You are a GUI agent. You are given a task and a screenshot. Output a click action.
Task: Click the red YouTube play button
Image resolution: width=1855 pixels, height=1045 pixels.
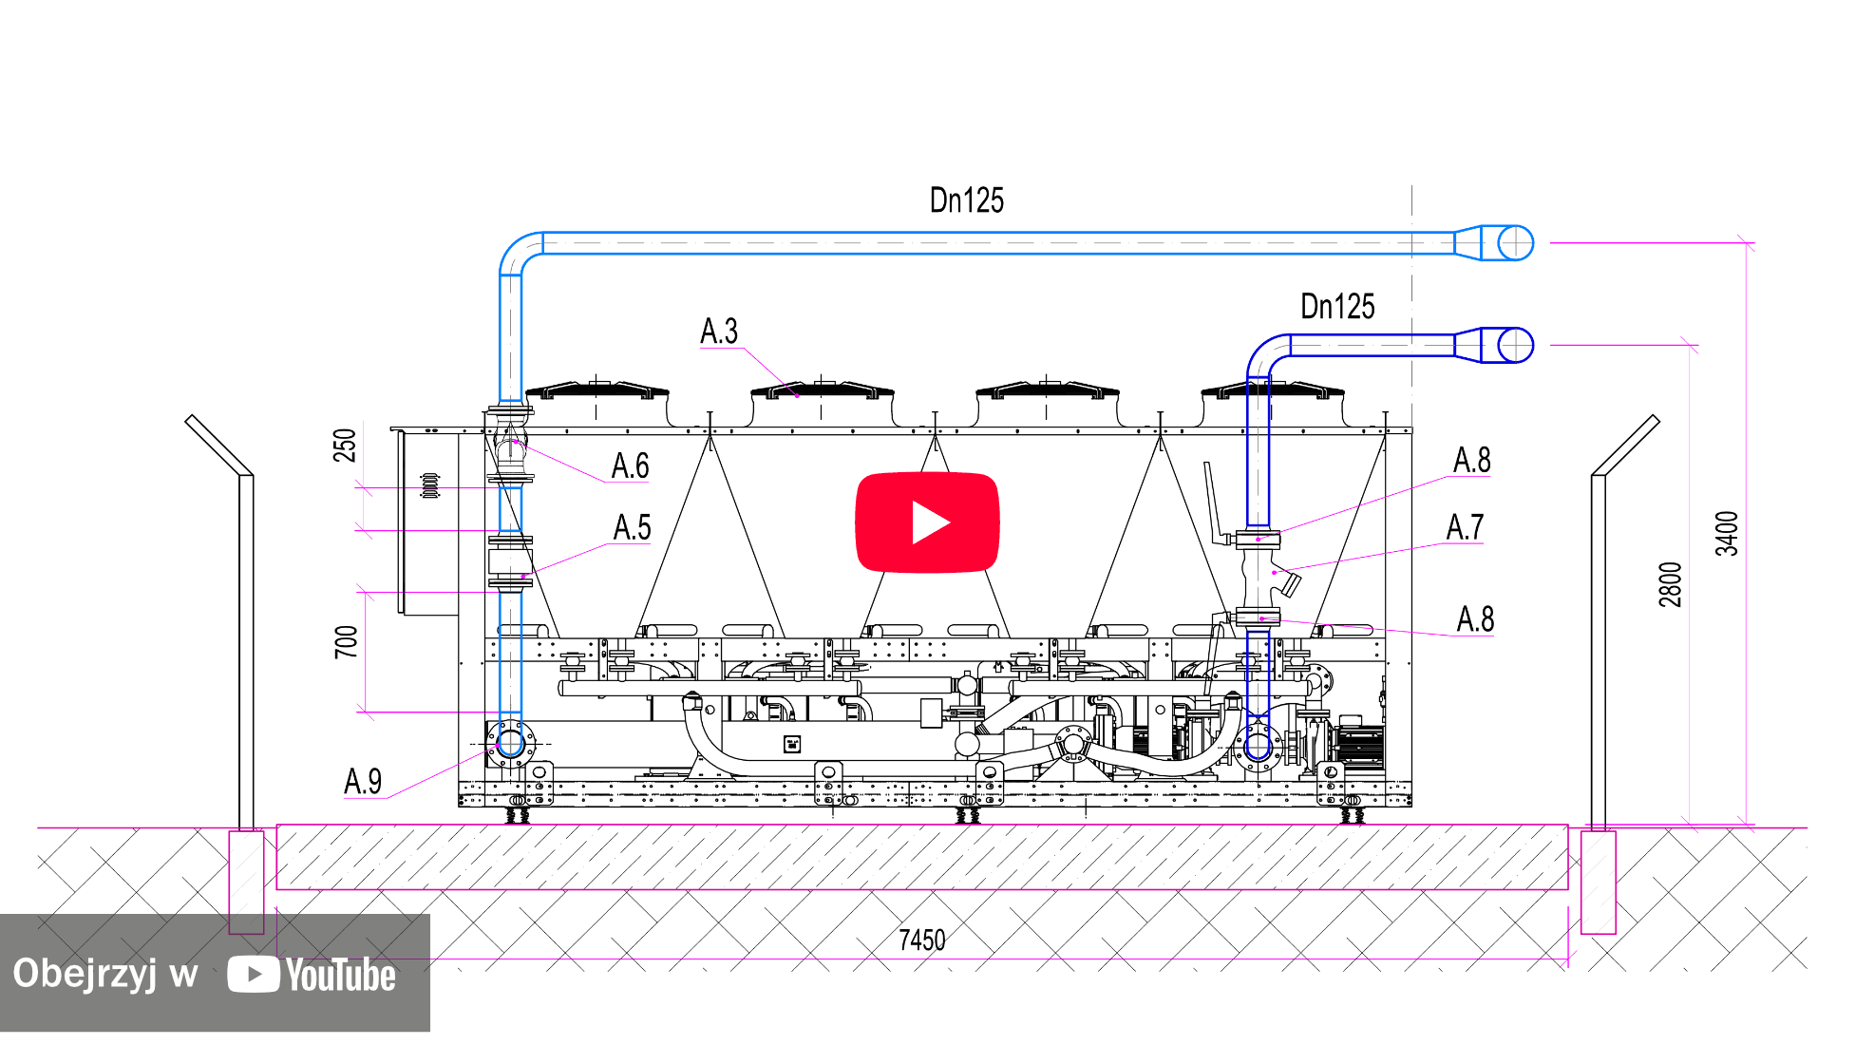pos(927,522)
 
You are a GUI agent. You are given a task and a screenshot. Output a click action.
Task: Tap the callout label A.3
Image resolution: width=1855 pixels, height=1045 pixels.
pos(719,332)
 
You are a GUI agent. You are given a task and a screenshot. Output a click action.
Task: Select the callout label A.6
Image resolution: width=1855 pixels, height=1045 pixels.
pos(631,466)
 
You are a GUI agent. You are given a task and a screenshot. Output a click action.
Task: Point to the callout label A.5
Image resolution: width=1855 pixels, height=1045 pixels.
pos(633,527)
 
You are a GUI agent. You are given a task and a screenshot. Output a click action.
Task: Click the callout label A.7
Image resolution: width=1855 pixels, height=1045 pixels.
pos(1465,527)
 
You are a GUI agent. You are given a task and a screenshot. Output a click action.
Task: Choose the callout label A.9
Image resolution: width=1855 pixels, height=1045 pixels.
pos(363,782)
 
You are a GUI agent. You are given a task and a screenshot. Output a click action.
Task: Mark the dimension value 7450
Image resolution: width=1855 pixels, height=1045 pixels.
pos(922,940)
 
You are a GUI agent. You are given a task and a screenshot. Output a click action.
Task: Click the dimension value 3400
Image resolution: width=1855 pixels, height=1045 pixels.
pos(1727,534)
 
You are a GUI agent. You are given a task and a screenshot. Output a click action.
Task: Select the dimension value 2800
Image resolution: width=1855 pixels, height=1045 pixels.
pos(1671,585)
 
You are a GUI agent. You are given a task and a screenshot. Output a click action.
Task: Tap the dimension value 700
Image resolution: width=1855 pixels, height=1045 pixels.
pos(346,642)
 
